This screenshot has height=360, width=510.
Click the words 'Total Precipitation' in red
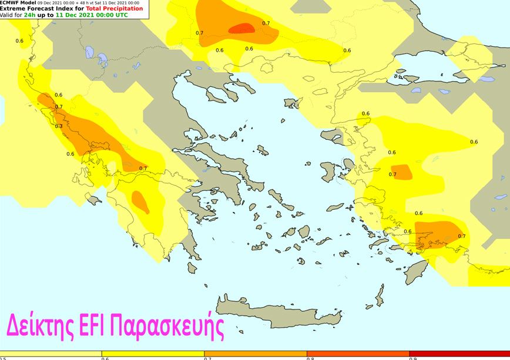coord(114,9)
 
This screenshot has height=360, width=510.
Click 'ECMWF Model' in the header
coord(18,3)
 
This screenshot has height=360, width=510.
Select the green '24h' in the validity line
coord(29,15)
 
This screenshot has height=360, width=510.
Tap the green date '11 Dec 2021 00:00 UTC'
coord(92,15)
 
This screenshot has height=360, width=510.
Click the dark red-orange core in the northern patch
coord(241,28)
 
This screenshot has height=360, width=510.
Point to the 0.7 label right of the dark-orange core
coord(266,23)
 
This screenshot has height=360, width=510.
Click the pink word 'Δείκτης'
coord(40,325)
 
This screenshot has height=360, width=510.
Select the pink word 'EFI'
coord(92,325)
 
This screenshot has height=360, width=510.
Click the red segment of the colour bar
coord(458,354)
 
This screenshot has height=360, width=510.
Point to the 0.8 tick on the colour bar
coord(309,358)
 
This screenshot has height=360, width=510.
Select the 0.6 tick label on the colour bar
coord(105,358)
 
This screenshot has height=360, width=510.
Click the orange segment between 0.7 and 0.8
coord(255,354)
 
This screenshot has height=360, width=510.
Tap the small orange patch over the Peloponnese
coord(140,202)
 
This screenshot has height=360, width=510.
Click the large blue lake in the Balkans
coord(102,59)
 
